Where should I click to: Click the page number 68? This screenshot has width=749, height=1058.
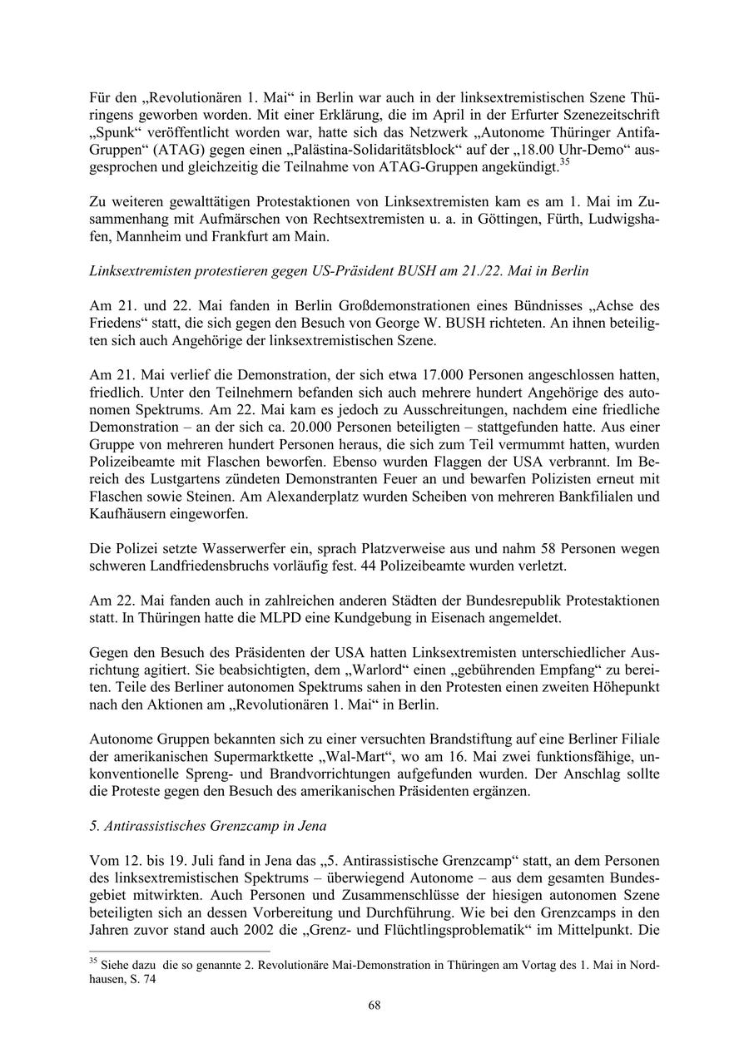[x=374, y=1006]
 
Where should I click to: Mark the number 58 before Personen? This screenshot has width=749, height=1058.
[x=512, y=549]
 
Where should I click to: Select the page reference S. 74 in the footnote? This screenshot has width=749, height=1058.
[x=141, y=980]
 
